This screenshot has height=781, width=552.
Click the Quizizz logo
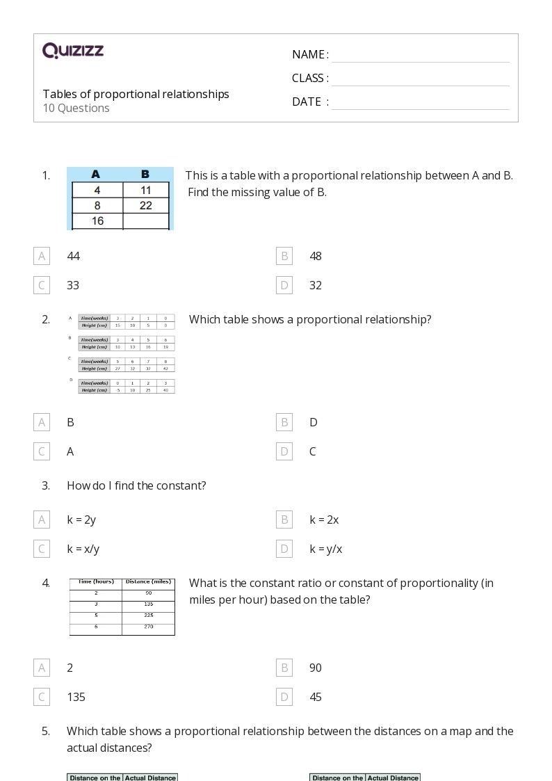pyautogui.click(x=73, y=50)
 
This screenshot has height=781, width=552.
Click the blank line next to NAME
pyautogui.click(x=420, y=56)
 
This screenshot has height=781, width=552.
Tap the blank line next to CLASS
pyautogui.click(x=420, y=79)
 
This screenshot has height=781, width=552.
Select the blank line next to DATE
pyautogui.click(x=420, y=102)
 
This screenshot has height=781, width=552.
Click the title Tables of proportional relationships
pyautogui.click(x=136, y=94)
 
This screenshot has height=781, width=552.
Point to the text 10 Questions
pyautogui.click(x=76, y=108)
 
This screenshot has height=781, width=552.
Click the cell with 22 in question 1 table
pyautogui.click(x=145, y=205)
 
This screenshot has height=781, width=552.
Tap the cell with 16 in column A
pyautogui.click(x=97, y=220)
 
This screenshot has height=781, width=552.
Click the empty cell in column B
pyautogui.click(x=145, y=220)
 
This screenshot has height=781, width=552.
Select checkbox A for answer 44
pyautogui.click(x=42, y=256)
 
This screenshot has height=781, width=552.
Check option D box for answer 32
pyautogui.click(x=284, y=285)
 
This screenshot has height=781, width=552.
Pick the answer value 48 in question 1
pyautogui.click(x=316, y=256)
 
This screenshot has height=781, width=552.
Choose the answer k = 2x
pyautogui.click(x=324, y=520)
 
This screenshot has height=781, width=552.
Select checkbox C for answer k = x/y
pyautogui.click(x=42, y=549)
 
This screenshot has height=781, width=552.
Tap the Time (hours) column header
pyautogui.click(x=96, y=581)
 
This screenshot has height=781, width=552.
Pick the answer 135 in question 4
pyautogui.click(x=76, y=697)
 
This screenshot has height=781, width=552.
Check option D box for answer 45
pyautogui.click(x=284, y=697)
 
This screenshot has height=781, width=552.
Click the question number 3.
pyautogui.click(x=46, y=485)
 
